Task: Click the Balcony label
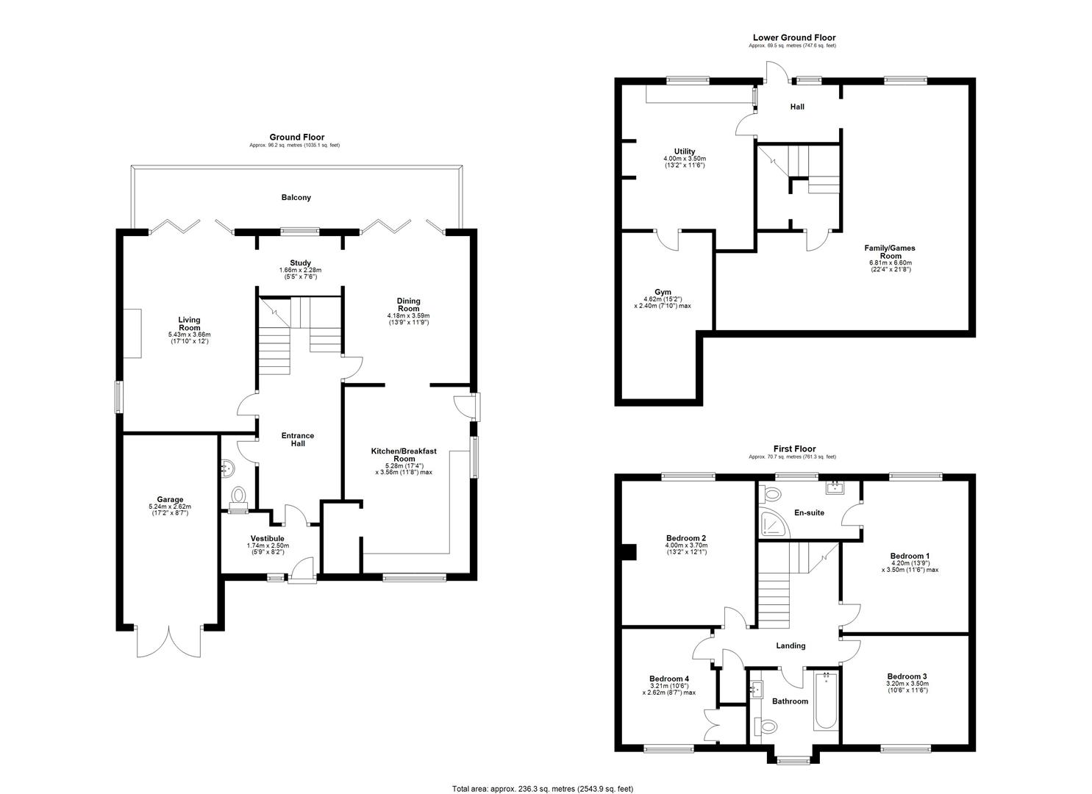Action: [x=296, y=198]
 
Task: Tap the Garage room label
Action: [x=170, y=499]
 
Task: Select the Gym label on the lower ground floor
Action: [x=663, y=292]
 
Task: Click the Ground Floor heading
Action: [x=297, y=137]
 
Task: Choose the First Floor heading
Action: [x=795, y=448]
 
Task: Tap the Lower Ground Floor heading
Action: [x=794, y=37]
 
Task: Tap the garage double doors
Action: [x=168, y=641]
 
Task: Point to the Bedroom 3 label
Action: [x=907, y=676]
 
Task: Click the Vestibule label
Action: [x=268, y=538]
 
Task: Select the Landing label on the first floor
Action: [x=791, y=645]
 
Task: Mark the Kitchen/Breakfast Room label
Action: [x=404, y=455]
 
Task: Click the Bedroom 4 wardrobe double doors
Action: [x=713, y=725]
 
